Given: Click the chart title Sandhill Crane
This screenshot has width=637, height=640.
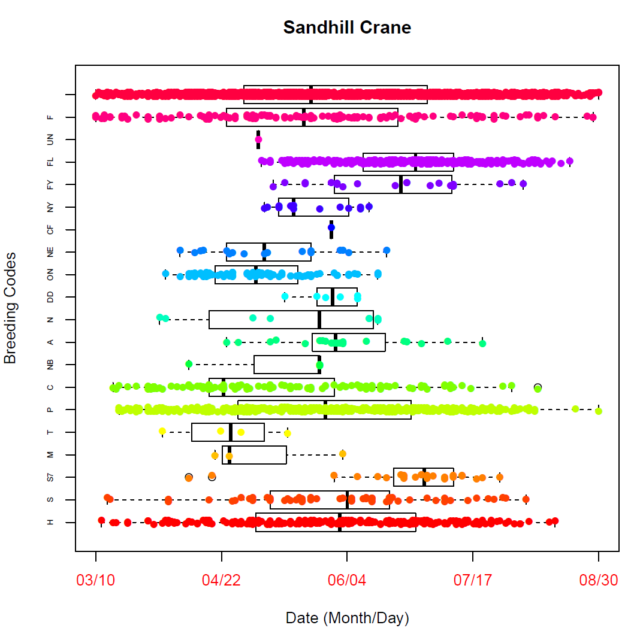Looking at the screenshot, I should pos(347,28).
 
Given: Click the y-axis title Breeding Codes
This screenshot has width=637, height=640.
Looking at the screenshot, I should pos(10,308).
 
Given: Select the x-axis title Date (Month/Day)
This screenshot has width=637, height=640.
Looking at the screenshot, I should pos(347,618).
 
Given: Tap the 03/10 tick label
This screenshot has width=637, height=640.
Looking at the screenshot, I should pos(95,581).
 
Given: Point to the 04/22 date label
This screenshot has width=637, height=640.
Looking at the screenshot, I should pos(221,581).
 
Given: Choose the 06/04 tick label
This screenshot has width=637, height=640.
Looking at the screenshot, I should pos(347,581).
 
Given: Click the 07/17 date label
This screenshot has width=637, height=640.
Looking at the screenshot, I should pos(472,581).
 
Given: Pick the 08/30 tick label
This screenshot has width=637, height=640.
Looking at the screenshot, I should pos(598,581).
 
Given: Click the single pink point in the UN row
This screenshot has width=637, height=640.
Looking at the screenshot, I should pos(258,139).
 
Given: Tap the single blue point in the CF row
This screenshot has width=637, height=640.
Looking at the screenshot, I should pos(331,228).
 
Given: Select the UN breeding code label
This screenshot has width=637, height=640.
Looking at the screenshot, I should pos(50,140).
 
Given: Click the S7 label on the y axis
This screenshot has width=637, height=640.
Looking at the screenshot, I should pos(50,477).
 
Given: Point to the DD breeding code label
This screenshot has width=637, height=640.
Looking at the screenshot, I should pos(50,298).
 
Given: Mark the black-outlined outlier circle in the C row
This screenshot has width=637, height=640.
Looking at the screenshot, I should pos(538,387).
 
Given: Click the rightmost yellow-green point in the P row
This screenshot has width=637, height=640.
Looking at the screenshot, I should pos(598,411).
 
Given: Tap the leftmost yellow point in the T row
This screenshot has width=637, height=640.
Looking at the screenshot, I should pos(162,431).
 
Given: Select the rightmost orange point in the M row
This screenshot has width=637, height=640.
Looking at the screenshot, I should pos(343,454).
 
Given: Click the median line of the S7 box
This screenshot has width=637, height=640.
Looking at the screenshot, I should pos(424,477).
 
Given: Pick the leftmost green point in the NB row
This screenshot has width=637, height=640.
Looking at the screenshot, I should pos(189,364).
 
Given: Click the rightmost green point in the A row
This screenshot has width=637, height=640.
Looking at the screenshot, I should pos(482,343).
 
